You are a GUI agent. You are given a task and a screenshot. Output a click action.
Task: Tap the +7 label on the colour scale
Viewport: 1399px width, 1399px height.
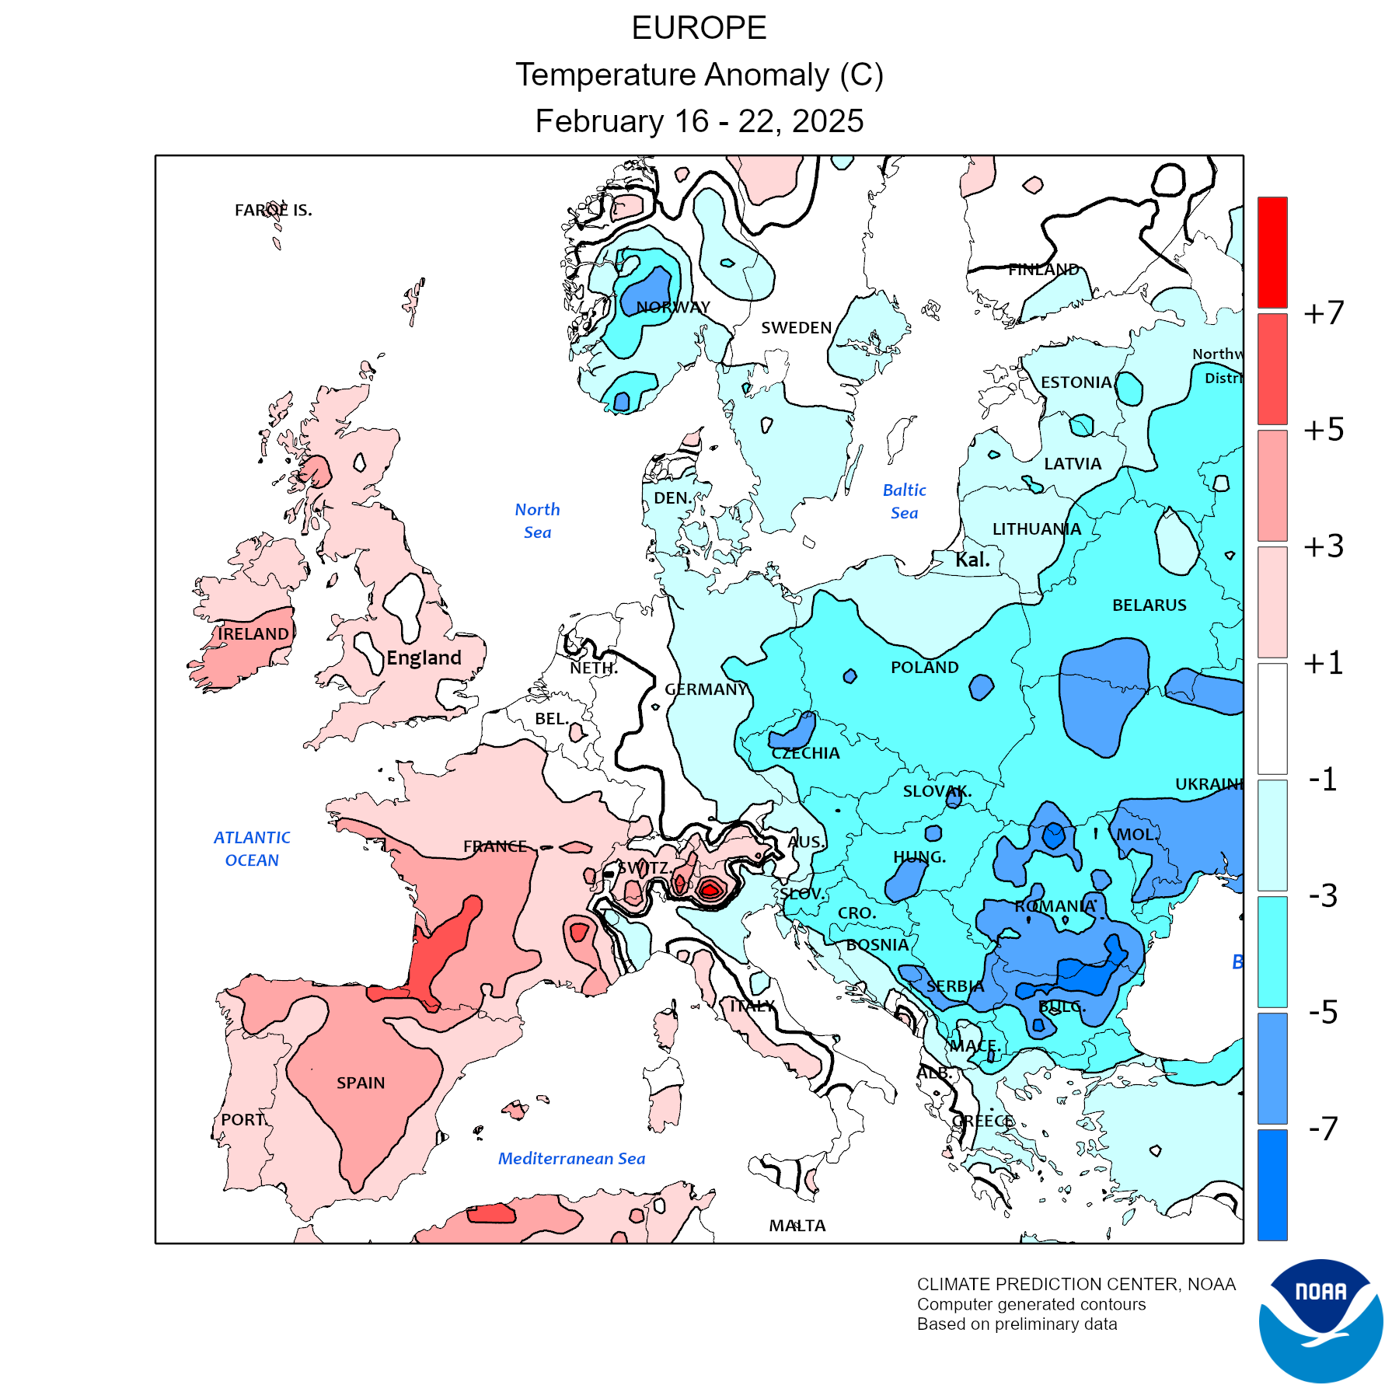(x=1323, y=312)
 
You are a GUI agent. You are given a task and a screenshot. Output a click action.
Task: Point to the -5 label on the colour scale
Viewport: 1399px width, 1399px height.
(x=1323, y=1012)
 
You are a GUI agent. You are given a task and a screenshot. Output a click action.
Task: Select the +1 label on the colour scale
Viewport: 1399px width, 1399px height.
(x=1323, y=663)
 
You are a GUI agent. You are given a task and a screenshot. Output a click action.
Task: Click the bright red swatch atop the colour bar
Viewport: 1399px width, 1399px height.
(x=1272, y=252)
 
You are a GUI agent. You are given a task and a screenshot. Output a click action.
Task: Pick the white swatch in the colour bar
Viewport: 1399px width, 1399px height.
(x=1272, y=718)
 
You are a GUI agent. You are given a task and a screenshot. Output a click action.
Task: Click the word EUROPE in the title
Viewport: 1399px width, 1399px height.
(x=699, y=28)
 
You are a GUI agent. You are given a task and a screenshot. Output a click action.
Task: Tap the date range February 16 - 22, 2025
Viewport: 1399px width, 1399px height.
(x=699, y=121)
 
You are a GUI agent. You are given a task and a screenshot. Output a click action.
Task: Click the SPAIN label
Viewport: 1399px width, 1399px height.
(x=361, y=1083)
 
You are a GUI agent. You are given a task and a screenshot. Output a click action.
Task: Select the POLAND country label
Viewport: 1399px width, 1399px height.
(x=924, y=668)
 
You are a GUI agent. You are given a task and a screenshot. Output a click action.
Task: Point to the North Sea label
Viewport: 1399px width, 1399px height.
(x=537, y=521)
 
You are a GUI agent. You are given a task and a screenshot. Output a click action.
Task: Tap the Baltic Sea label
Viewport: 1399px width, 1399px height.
(x=904, y=501)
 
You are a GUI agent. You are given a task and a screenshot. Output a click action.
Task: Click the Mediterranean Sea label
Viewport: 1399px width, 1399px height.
(x=571, y=1158)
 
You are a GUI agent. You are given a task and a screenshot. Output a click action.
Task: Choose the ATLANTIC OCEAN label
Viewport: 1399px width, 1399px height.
(x=252, y=849)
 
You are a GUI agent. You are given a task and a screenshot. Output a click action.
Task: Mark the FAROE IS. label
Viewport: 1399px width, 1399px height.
(x=273, y=210)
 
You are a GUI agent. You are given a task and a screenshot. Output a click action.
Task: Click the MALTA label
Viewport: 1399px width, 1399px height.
(x=797, y=1226)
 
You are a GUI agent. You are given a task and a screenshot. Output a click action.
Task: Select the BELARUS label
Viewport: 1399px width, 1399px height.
(x=1149, y=605)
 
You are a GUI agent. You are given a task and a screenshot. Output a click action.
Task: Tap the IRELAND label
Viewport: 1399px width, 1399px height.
(x=253, y=634)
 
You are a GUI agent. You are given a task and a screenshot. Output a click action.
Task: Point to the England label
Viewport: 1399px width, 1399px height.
(x=424, y=658)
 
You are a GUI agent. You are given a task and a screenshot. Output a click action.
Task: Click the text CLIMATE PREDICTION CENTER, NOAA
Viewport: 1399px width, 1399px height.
(x=1076, y=1284)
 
